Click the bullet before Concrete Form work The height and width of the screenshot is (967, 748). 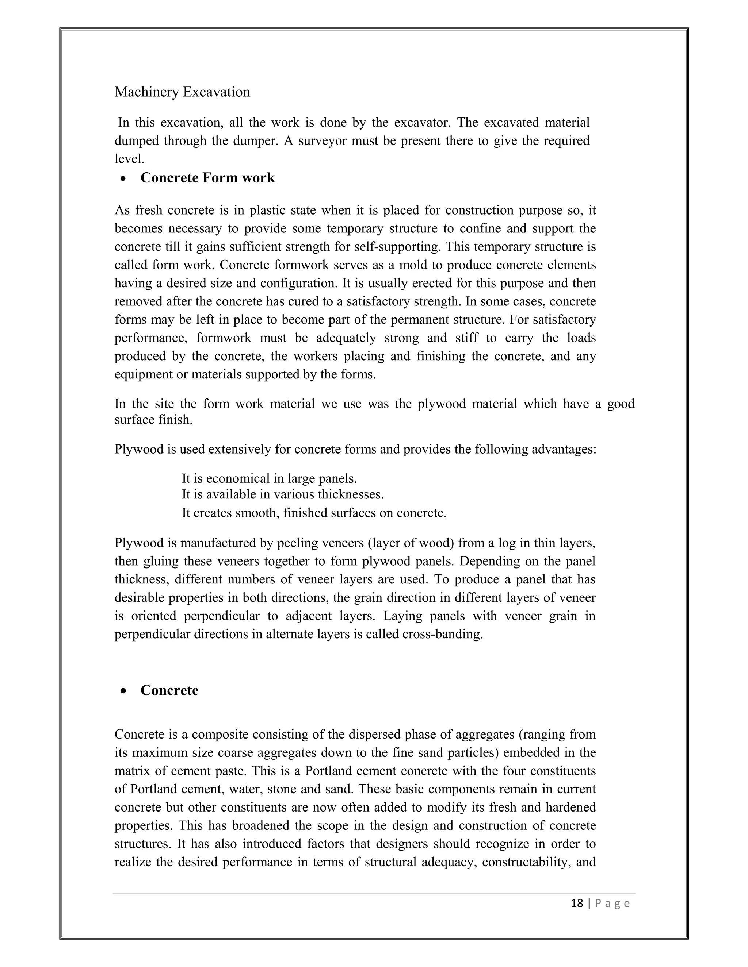[x=123, y=179]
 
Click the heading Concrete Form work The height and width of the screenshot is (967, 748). [x=207, y=178]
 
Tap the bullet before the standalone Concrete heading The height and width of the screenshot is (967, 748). [x=123, y=691]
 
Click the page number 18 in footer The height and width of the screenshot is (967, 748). [x=577, y=903]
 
